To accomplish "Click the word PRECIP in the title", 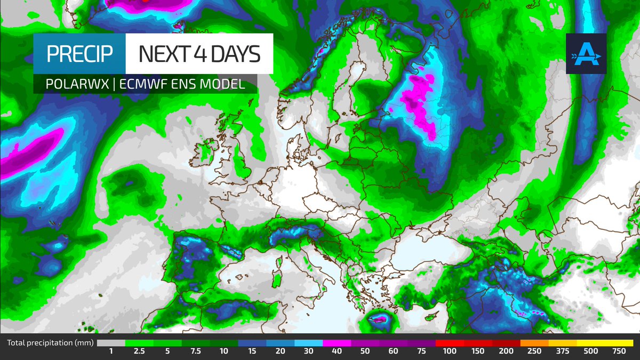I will [x=79, y=54].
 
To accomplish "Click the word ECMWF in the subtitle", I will [x=143, y=84].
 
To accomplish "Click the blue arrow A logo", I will [x=586, y=53].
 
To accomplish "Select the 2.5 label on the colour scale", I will [x=139, y=351].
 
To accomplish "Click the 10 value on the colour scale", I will [x=223, y=351].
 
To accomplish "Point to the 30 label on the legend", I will [x=308, y=351].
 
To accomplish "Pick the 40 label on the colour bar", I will [x=337, y=351].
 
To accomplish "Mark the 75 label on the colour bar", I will [x=421, y=351].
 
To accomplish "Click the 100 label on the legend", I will [x=450, y=351].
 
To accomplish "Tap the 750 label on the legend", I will [x=619, y=351].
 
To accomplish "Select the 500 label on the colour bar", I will [x=591, y=351].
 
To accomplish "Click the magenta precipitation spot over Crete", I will [x=379, y=318].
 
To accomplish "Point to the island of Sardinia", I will [x=276, y=278].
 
